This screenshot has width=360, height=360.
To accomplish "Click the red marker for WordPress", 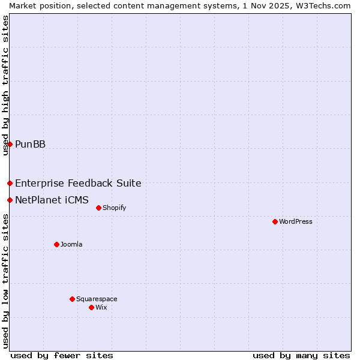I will coord(275,221).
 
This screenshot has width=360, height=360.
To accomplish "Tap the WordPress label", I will coord(296,221).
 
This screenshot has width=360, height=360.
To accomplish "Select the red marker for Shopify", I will coord(98,208).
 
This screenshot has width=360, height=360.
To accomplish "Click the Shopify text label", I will coord(114,208).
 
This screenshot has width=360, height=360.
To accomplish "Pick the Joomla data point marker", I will coord(56,244).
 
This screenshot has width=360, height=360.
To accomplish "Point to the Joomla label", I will coord(71,244).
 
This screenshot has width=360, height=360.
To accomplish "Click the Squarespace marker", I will coord(72,299).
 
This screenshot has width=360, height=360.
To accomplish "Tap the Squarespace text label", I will coord(97,299).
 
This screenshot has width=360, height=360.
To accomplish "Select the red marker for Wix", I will coord(91,307).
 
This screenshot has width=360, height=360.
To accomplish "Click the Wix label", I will coord(101,307).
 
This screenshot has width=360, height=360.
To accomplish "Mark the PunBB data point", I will coord(10,144).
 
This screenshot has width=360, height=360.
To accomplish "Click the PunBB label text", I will coord(30,144).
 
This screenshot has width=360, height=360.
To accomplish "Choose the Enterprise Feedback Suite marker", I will coord(10,183).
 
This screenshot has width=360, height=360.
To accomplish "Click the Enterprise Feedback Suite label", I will coord(78,183).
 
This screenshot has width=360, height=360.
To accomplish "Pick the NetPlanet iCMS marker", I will coord(10,200).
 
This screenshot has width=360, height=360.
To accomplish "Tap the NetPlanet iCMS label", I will coord(52,200).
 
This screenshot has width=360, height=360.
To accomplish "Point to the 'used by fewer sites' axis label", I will coord(62,355).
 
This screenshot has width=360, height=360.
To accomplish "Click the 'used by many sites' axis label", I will coord(301,355).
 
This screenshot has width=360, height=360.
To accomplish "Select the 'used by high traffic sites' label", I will coord(5,85).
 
